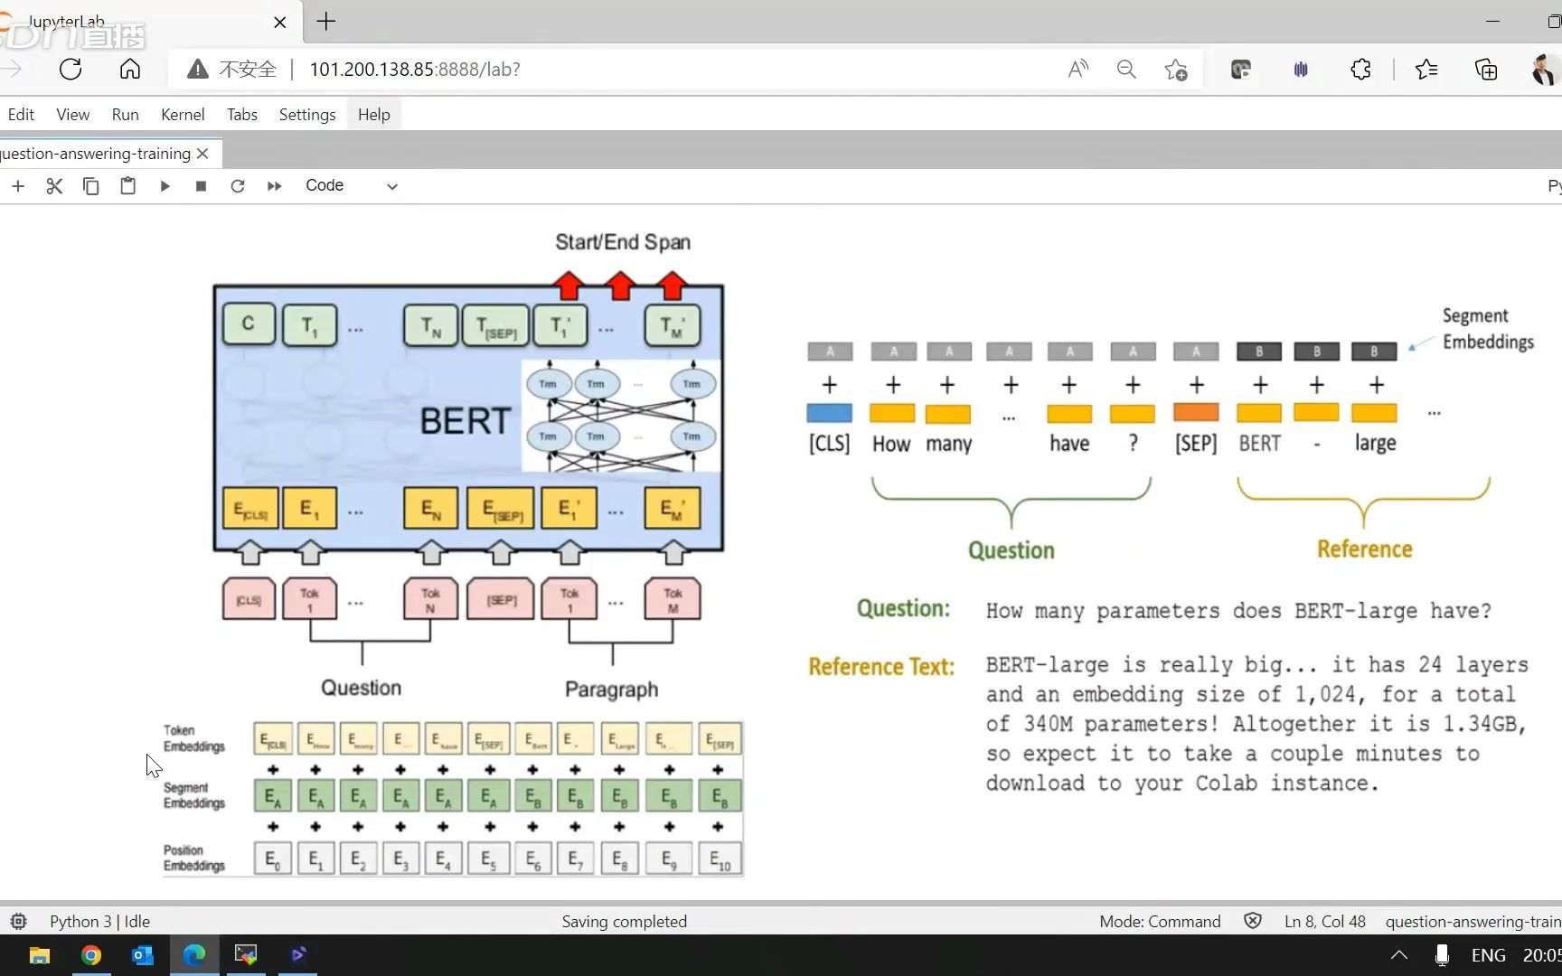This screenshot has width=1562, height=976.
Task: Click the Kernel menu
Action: [183, 115]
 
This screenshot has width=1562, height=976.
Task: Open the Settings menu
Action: [307, 115]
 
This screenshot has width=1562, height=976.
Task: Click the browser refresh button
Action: [71, 70]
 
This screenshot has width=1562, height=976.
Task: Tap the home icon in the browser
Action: [130, 70]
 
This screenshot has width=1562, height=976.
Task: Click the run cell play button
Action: [165, 186]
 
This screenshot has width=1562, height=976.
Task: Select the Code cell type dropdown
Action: [351, 186]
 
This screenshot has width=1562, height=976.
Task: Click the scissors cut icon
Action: [54, 186]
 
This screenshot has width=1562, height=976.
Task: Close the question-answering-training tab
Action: [203, 154]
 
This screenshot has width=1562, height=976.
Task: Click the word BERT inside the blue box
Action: [466, 421]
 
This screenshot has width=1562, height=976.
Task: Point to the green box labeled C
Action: [249, 324]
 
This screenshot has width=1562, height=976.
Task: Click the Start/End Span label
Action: [623, 242]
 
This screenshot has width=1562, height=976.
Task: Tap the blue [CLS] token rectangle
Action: [829, 414]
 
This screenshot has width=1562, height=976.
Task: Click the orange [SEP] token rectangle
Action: [1196, 413]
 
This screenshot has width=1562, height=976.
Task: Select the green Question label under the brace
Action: [1011, 550]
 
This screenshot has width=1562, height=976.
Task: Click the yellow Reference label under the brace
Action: [1364, 549]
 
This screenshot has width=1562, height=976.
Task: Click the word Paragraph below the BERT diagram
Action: [611, 690]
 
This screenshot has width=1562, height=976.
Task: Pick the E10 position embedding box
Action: [720, 859]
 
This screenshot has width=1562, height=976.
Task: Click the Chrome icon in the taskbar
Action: [91, 955]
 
